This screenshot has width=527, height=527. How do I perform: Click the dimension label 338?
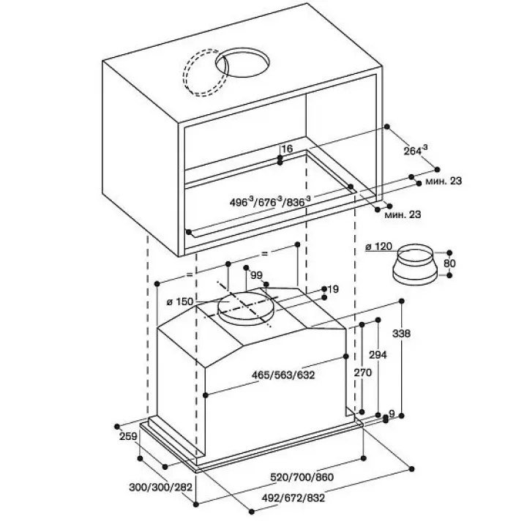(402, 334)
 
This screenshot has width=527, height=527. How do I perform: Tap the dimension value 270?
(364, 373)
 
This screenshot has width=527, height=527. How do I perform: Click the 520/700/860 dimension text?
(301, 477)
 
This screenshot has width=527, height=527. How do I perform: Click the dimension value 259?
(128, 437)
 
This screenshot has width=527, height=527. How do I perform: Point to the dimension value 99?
(256, 274)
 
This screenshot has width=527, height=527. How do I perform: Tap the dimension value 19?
(333, 290)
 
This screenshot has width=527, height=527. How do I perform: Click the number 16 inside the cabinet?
(287, 149)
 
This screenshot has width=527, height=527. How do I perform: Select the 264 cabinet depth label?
(415, 150)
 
